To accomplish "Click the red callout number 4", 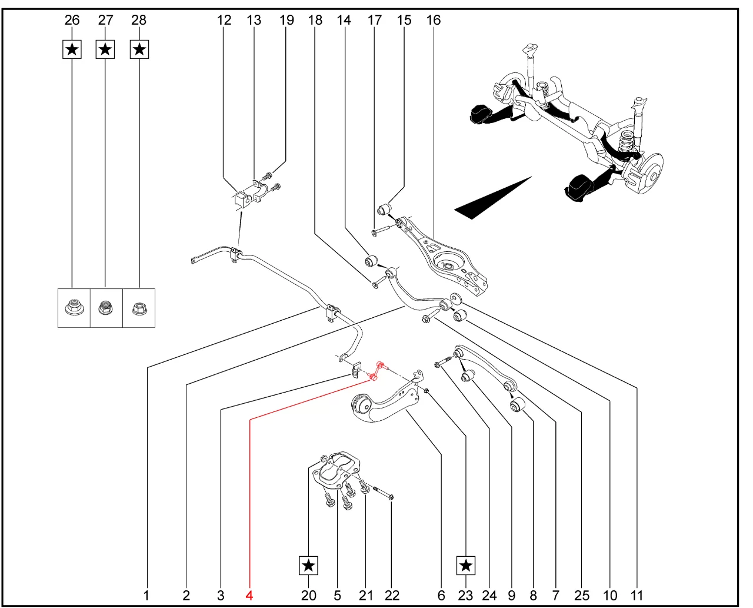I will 249,595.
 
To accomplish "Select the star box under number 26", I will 72,49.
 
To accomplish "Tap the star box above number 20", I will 308,566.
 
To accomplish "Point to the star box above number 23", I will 465,566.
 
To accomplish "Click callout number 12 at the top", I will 224,20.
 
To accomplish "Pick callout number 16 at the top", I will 433,20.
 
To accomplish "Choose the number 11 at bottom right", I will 637,595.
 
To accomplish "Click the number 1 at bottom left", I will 146,595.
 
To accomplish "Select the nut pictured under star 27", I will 105,307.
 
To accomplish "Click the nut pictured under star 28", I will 139,307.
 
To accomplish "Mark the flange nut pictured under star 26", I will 73,307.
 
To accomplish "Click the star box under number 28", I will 139,49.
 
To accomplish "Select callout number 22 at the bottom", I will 392,595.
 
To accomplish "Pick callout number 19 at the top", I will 286,20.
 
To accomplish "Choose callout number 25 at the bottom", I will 582,595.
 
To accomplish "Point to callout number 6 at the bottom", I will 441,595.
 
